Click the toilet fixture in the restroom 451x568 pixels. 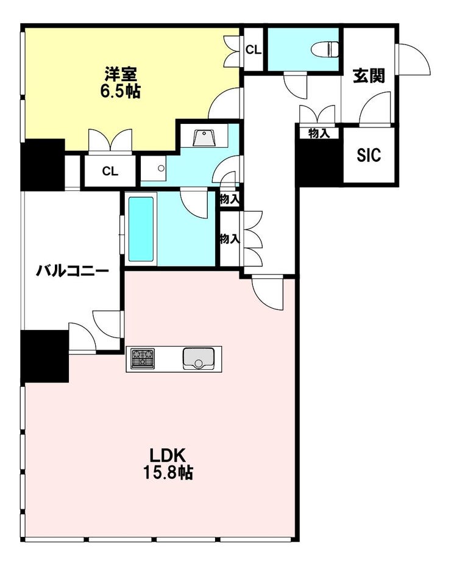(326, 49)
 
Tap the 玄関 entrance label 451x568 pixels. (369, 76)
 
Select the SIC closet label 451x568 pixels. (369, 155)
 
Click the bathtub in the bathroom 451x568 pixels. (141, 229)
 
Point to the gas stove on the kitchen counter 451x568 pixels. (143, 359)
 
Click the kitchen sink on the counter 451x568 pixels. (199, 359)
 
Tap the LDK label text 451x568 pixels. (168, 455)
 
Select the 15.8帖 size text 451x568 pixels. (168, 472)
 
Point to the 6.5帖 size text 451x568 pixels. (121, 91)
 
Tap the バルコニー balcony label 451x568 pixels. (73, 270)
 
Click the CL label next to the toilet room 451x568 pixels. (254, 50)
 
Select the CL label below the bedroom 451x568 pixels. (110, 171)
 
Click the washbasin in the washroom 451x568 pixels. (205, 137)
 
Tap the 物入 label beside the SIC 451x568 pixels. (319, 134)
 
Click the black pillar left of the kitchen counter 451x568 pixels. (45, 356)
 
